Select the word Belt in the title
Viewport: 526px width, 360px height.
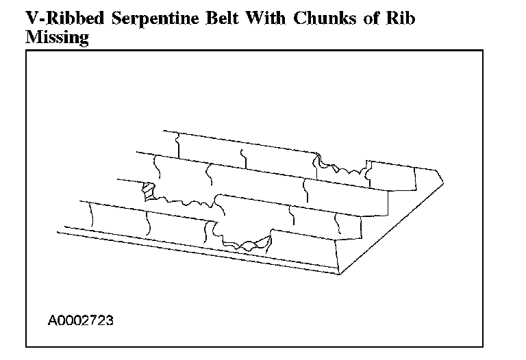[223, 18]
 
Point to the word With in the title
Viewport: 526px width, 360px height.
[270, 18]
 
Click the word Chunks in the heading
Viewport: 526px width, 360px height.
[323, 18]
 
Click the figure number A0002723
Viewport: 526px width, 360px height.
[80, 320]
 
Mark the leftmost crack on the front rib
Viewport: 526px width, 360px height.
[91, 215]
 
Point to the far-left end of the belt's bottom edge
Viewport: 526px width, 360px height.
[58, 232]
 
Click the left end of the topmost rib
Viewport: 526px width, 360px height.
[164, 130]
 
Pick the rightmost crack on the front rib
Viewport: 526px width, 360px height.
[338, 222]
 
